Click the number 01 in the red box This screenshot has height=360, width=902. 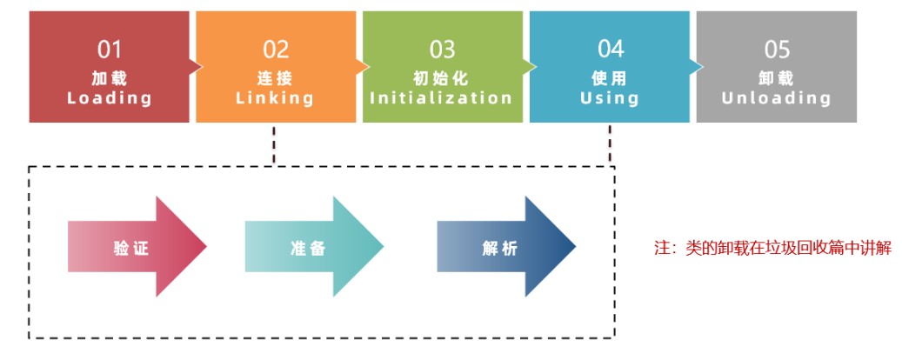point(109,49)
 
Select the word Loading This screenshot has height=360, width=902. point(109,97)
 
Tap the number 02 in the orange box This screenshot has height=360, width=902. point(276,49)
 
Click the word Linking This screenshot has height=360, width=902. point(276,97)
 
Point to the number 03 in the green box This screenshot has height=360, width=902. point(442,49)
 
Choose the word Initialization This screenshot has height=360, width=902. point(442,97)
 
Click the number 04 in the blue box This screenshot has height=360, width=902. point(610,49)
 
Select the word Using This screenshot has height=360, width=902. point(610,97)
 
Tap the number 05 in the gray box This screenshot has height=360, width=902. point(777,49)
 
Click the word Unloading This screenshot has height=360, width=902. point(777,97)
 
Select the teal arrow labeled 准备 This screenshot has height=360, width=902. point(313,248)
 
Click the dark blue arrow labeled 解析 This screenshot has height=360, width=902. point(504,248)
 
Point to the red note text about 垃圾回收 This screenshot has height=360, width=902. point(773,248)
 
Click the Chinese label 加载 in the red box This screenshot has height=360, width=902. point(109,78)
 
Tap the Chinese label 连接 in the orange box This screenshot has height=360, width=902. point(276,78)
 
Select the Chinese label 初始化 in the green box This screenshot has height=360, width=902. point(442,78)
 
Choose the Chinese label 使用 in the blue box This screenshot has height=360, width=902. point(610,78)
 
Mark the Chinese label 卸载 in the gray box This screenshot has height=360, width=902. point(777,78)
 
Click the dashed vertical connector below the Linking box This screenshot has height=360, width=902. point(275,144)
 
